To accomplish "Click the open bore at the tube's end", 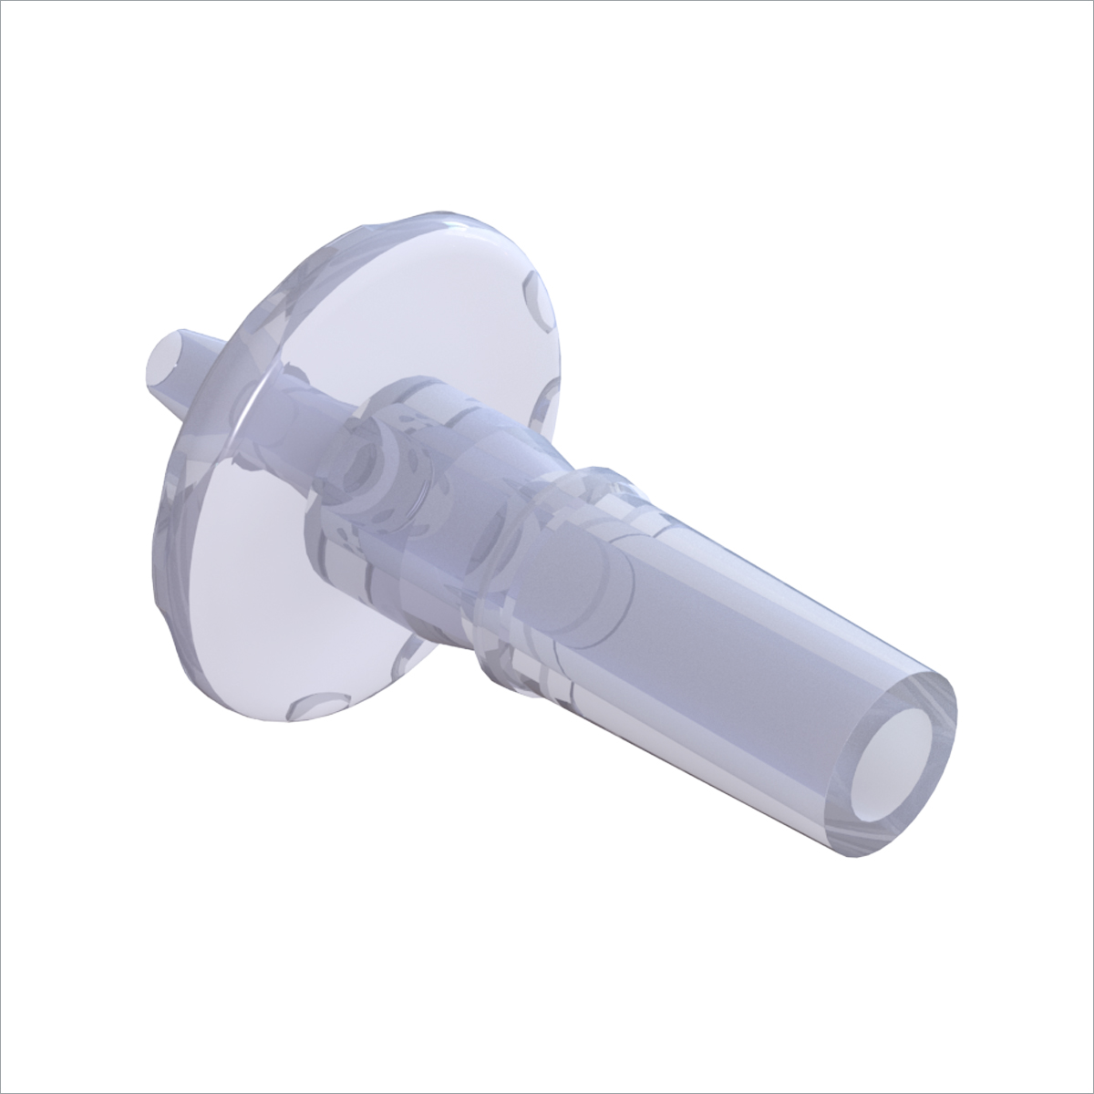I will pyautogui.click(x=895, y=757).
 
